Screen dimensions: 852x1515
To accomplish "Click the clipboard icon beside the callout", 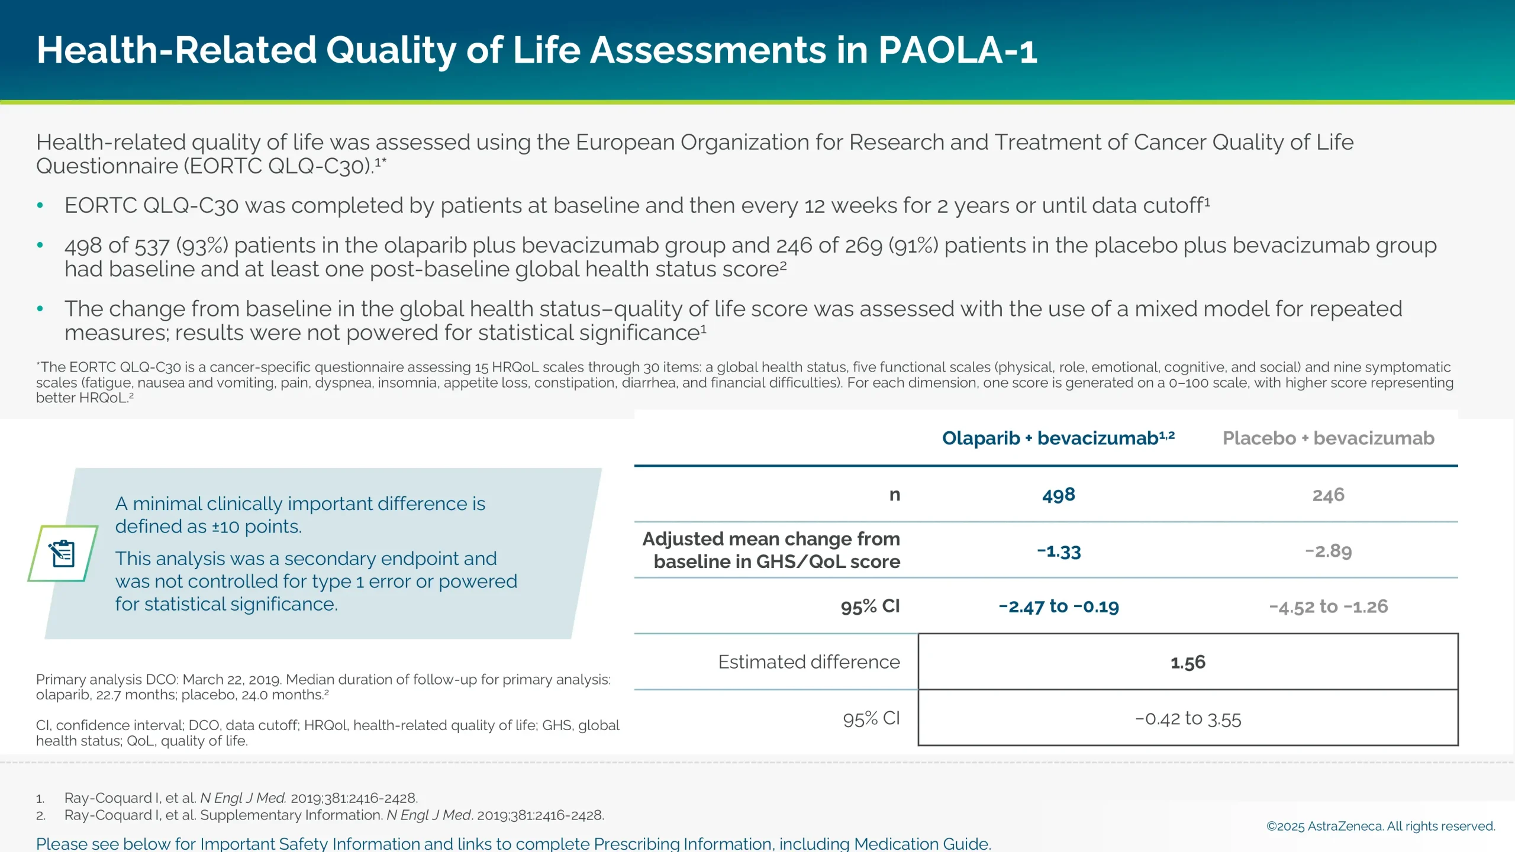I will (x=63, y=554).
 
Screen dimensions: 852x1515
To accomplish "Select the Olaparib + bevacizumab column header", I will (x=1058, y=438).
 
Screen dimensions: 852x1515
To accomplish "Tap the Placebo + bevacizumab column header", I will (x=1328, y=438).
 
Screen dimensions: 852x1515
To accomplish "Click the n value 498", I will (x=1058, y=495).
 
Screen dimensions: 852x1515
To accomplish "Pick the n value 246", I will (x=1328, y=495).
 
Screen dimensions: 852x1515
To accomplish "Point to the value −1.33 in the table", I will (x=1058, y=551).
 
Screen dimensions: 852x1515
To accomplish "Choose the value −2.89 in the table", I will (x=1328, y=551).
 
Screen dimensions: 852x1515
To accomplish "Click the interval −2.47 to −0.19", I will (x=1058, y=606).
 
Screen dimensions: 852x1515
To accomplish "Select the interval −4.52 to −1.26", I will (x=1328, y=606).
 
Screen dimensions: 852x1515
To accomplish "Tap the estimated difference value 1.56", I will (x=1188, y=662).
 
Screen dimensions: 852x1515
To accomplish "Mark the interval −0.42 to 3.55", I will (x=1188, y=719).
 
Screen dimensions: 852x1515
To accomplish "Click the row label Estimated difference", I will (x=808, y=662).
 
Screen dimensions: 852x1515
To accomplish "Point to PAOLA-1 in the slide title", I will (x=957, y=50).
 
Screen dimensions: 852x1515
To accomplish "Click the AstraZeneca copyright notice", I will (x=1380, y=826).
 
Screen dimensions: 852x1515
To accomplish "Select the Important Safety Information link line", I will (x=513, y=844).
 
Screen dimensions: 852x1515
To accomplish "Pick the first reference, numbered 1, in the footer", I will (x=241, y=798).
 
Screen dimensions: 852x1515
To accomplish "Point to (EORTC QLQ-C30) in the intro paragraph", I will (x=278, y=166).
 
